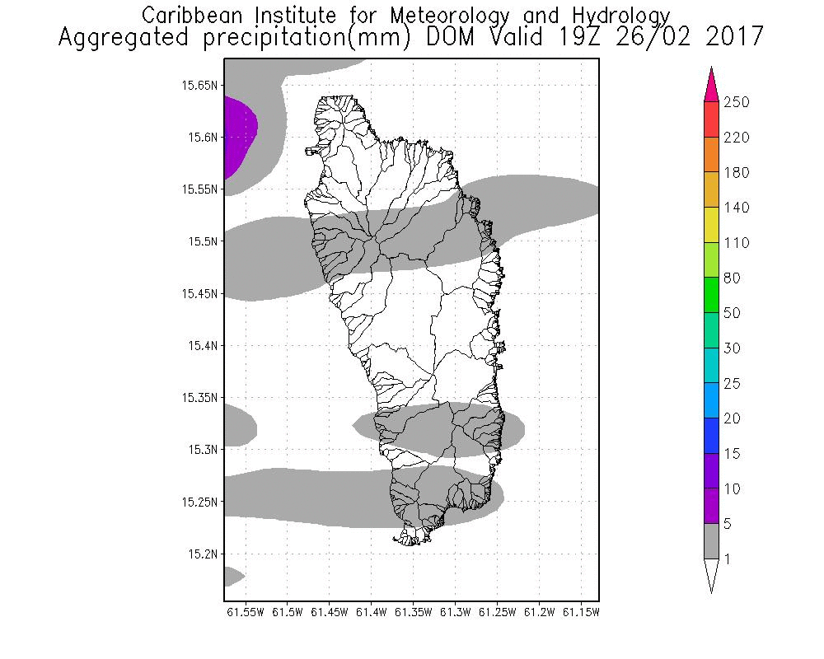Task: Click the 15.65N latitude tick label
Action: (x=200, y=85)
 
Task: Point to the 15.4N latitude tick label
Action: (x=203, y=345)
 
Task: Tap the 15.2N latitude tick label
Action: (x=203, y=554)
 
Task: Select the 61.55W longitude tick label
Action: (x=245, y=612)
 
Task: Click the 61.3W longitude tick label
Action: (x=456, y=612)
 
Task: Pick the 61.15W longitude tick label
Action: (x=582, y=612)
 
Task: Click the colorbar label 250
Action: (x=736, y=102)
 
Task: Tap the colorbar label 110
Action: (x=736, y=243)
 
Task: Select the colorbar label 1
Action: (x=727, y=559)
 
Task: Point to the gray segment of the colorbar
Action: (x=712, y=542)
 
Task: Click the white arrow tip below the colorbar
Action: (x=712, y=574)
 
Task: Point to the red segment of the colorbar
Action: (x=712, y=119)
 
